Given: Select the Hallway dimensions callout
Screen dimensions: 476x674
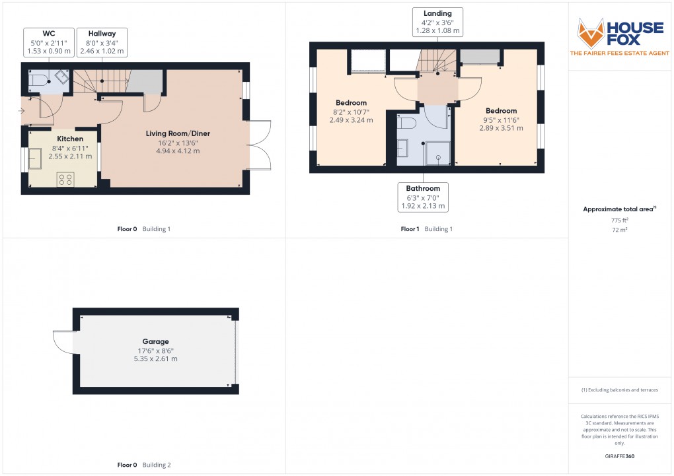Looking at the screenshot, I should click(x=101, y=42).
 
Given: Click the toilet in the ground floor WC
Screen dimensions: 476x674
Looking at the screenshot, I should click(x=39, y=81).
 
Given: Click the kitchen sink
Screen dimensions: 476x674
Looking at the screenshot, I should click(x=34, y=159).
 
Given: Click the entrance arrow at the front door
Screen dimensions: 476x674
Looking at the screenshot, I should click(x=23, y=110).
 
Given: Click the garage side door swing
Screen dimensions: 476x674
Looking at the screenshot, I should click(x=63, y=342).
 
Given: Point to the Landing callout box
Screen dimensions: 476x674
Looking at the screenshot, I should click(x=437, y=22).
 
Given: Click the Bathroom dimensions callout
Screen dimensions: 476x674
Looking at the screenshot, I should click(x=424, y=197).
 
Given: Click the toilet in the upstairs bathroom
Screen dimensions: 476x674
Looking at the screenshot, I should click(x=407, y=123).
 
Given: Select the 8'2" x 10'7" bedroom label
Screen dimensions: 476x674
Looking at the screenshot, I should click(x=351, y=112).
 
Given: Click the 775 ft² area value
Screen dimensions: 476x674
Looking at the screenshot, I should click(x=619, y=220).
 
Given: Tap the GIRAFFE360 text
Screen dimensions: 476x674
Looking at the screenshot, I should click(x=619, y=456).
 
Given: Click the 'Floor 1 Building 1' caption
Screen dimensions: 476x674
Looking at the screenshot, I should click(x=427, y=229).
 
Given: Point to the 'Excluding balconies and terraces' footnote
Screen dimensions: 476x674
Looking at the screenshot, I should click(x=619, y=390).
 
